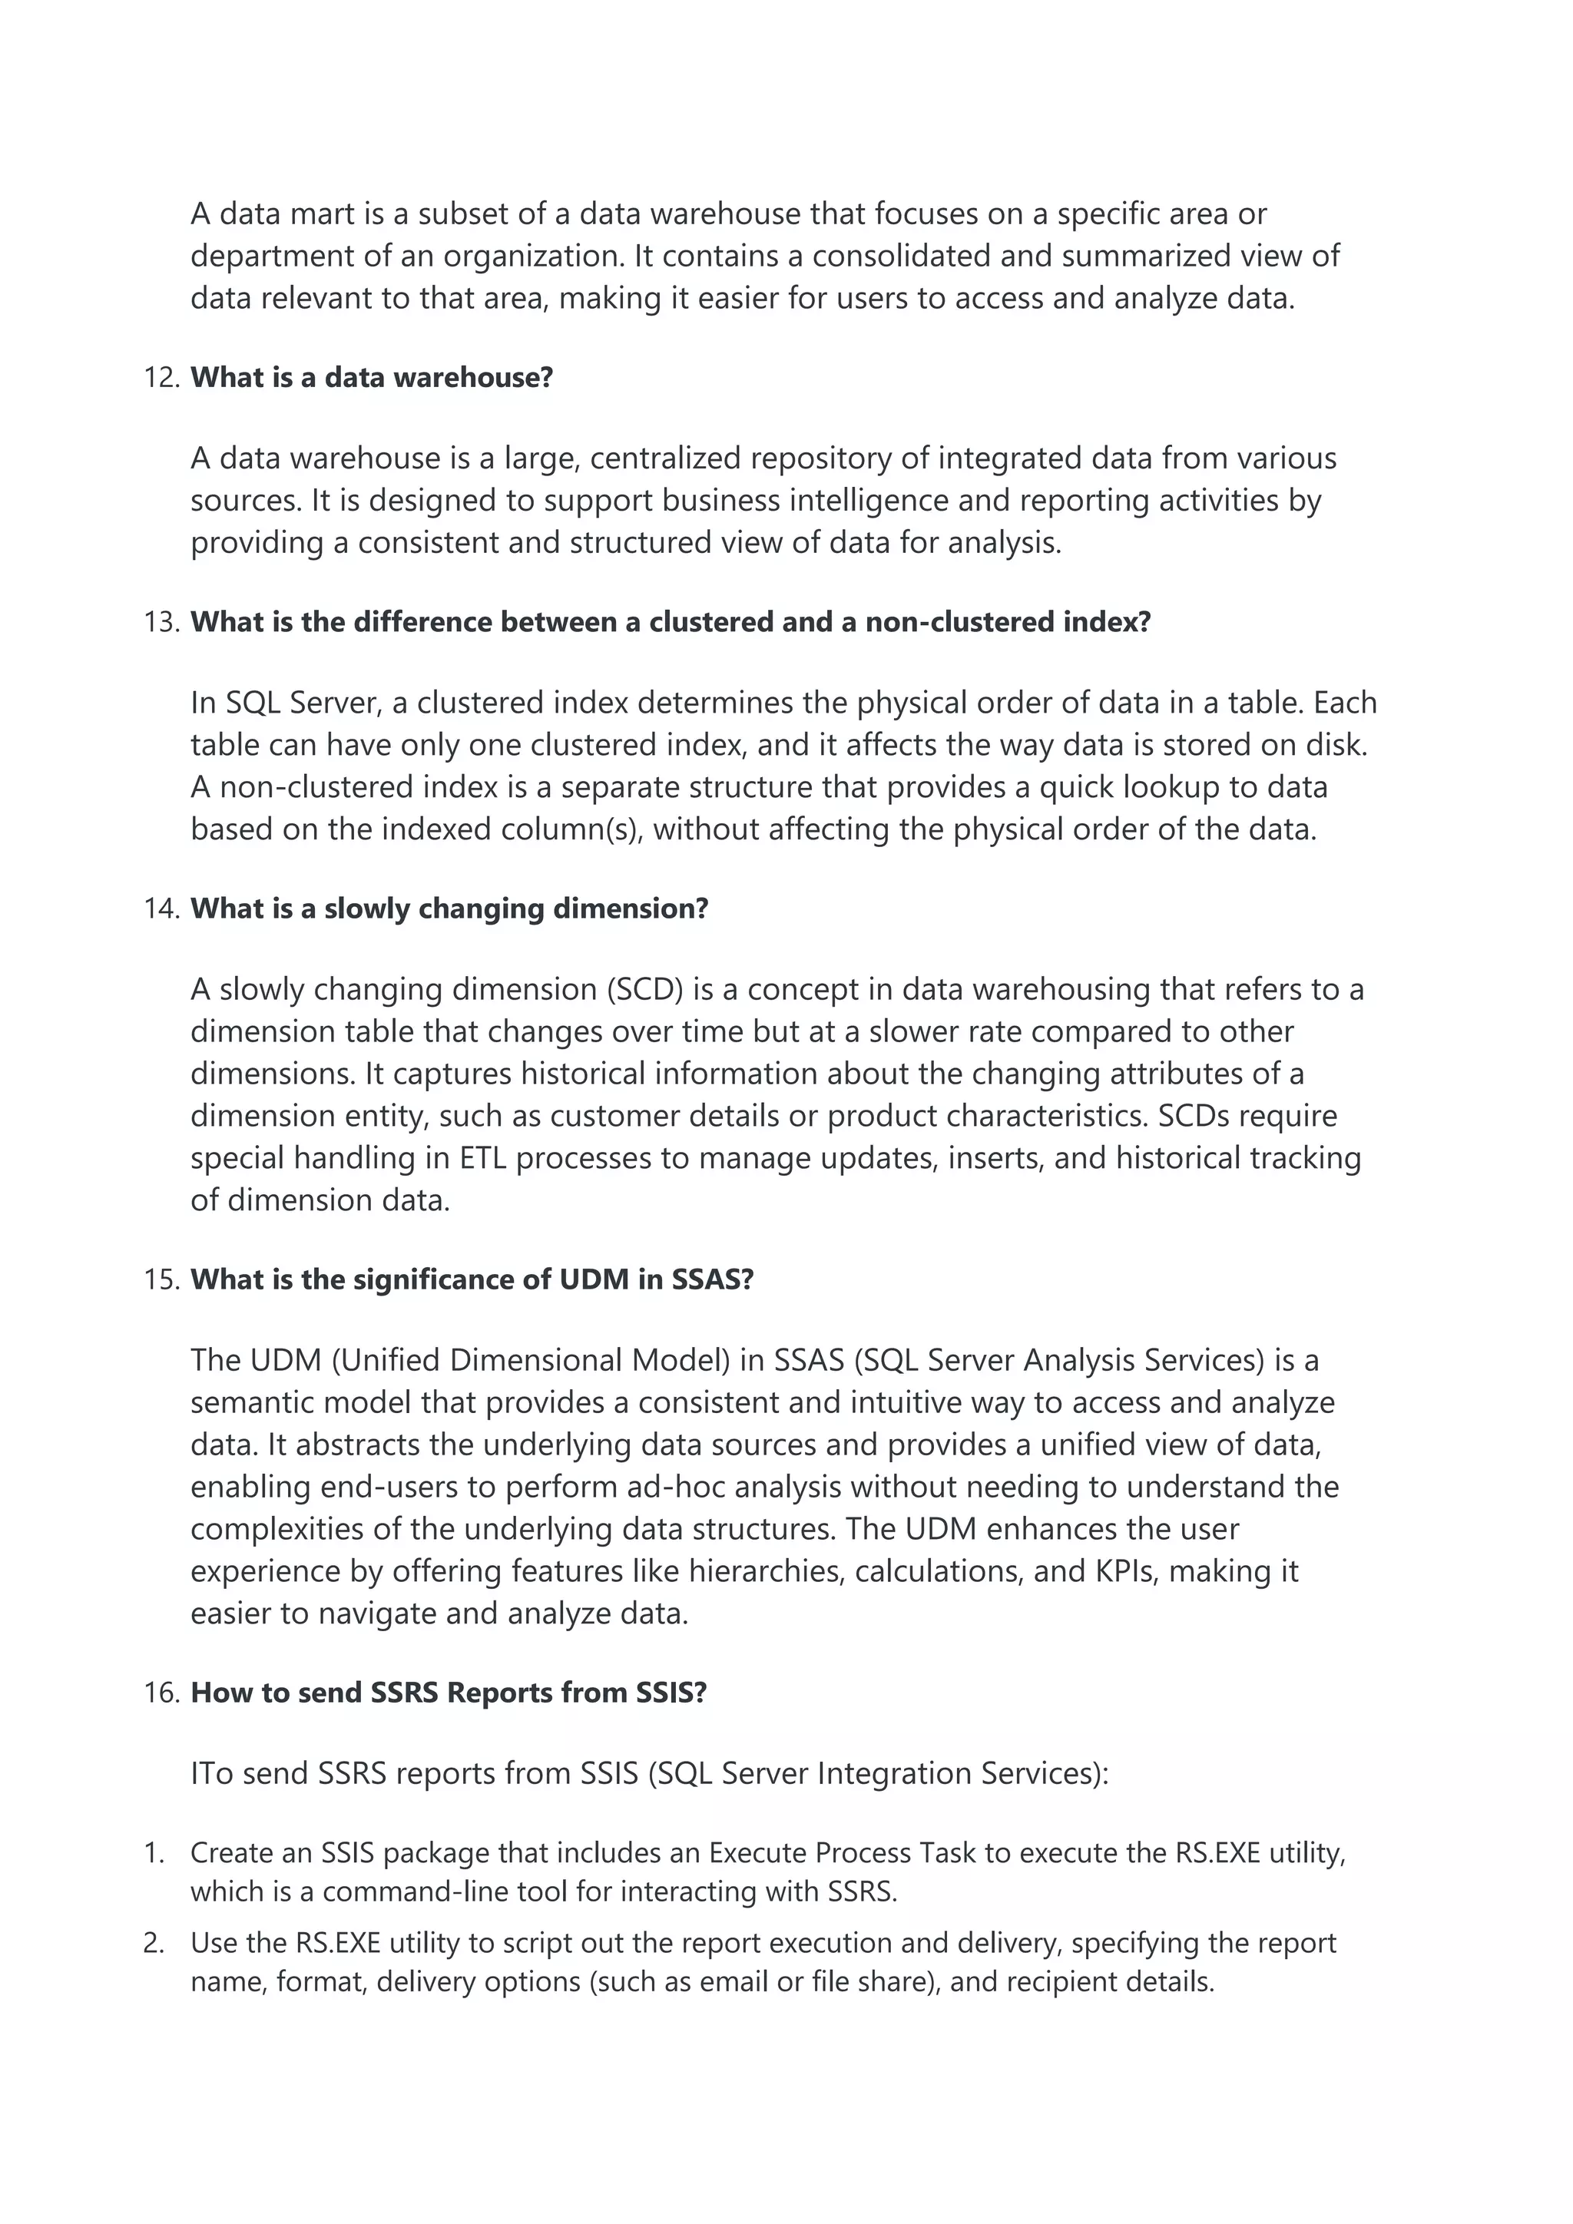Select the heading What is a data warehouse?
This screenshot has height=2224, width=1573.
[x=371, y=378]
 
